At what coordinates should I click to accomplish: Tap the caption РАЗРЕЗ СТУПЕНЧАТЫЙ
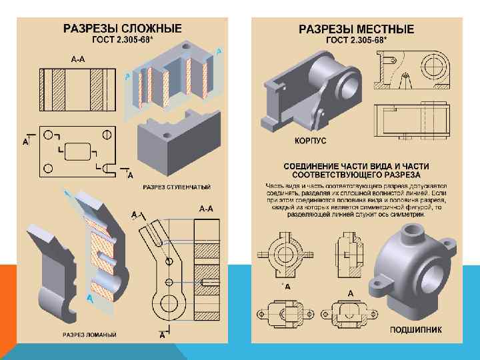click(177, 187)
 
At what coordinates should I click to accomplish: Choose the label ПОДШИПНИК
click(415, 329)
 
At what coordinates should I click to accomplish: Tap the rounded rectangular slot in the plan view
click(79, 150)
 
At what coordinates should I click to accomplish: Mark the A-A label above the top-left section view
click(78, 59)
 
